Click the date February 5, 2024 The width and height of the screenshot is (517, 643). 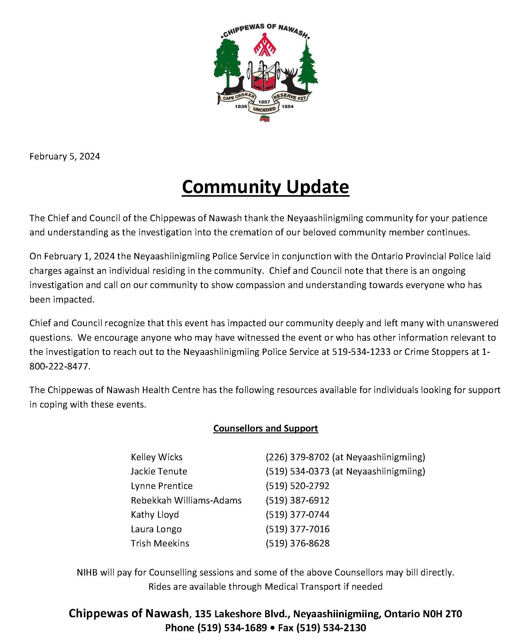click(64, 156)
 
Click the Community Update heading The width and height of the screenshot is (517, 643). click(265, 187)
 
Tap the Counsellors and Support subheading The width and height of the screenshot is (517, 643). click(265, 428)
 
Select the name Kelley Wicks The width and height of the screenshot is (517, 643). click(156, 457)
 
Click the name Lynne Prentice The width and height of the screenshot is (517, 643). click(162, 486)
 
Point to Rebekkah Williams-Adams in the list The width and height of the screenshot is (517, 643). click(186, 500)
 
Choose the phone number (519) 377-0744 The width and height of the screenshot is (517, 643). click(297, 514)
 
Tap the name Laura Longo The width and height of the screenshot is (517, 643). click(156, 529)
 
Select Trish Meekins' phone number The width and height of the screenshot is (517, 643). click(297, 543)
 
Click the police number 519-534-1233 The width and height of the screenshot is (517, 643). click(361, 352)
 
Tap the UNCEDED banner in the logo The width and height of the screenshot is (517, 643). click(264, 109)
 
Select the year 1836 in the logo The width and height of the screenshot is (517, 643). click(241, 107)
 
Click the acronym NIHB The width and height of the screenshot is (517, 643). click(87, 572)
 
